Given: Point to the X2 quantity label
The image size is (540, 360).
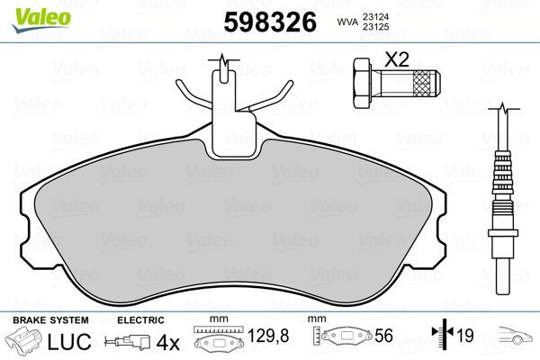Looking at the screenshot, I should (x=397, y=60).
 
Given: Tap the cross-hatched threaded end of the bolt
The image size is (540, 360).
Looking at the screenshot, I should (x=418, y=85).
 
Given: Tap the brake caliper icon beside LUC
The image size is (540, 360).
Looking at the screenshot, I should (x=25, y=343).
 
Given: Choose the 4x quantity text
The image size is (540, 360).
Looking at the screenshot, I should (x=168, y=343).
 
